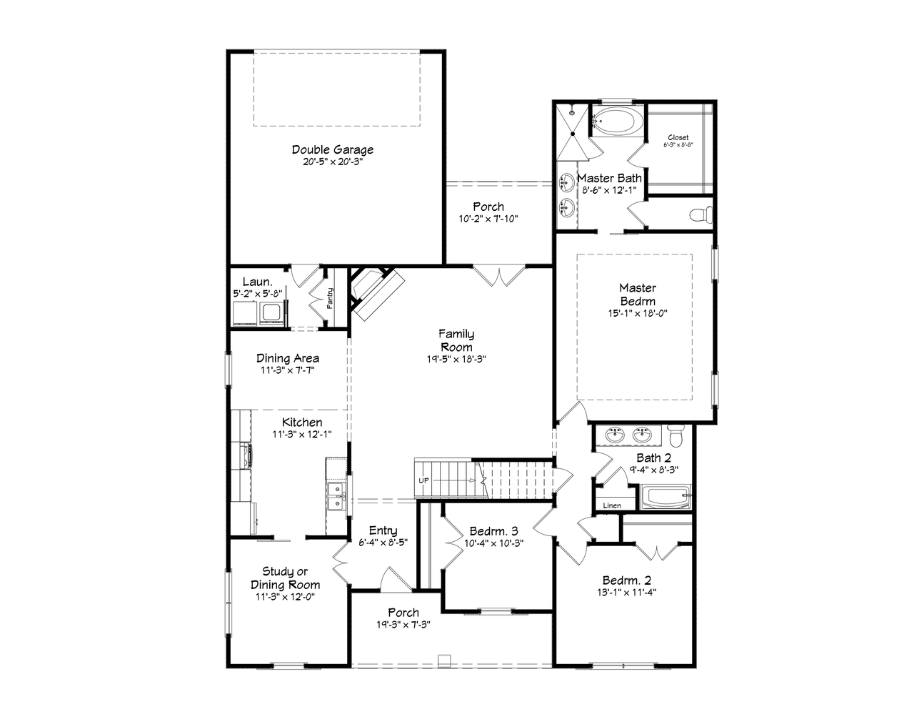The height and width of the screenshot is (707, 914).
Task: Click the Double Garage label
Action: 332,150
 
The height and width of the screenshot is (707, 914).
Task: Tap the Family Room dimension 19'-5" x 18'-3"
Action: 456,360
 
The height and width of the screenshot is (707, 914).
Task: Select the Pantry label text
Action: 330,298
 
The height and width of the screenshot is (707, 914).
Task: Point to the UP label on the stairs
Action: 423,480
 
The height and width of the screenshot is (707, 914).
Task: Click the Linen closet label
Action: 612,505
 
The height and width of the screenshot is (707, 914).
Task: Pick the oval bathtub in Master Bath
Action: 618,122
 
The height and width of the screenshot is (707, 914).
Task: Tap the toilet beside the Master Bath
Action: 702,214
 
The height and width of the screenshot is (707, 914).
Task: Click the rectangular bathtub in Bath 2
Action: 666,497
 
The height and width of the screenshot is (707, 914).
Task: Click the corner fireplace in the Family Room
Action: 375,291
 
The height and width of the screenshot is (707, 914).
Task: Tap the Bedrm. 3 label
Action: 493,531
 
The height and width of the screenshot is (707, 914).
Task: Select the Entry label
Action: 383,530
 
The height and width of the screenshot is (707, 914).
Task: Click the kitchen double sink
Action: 335,496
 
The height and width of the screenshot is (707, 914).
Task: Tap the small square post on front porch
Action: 443,658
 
